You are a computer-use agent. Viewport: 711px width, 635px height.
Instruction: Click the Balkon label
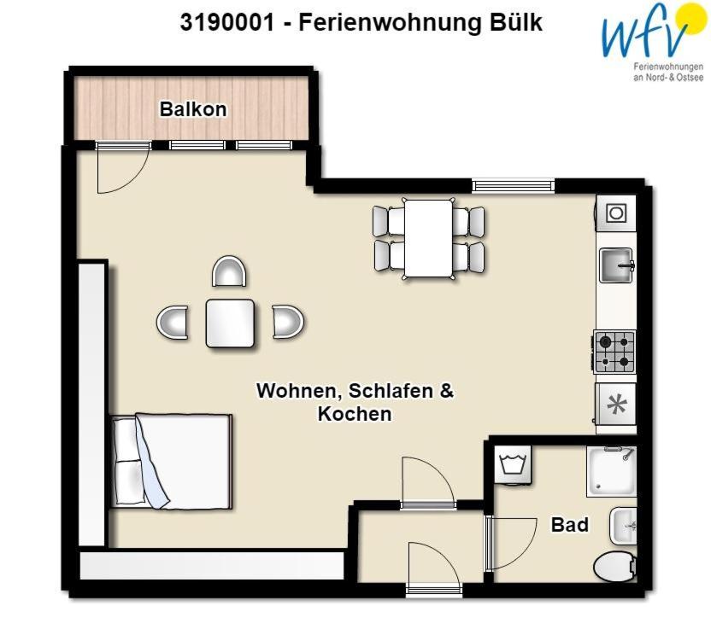click(x=193, y=109)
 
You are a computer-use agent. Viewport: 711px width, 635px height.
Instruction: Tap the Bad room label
click(x=569, y=525)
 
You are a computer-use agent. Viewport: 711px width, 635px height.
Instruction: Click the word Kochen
click(x=354, y=414)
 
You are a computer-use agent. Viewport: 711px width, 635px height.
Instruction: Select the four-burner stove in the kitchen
click(x=615, y=352)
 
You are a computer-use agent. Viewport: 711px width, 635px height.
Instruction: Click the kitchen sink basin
click(x=616, y=265)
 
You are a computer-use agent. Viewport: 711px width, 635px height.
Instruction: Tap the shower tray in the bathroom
click(x=612, y=471)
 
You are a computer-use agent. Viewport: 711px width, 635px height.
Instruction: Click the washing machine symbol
click(x=513, y=464)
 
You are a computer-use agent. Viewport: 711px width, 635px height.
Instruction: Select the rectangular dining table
click(x=428, y=239)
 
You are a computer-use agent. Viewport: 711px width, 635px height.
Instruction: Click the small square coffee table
click(x=230, y=323)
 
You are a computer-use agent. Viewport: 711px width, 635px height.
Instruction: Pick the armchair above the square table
click(x=229, y=271)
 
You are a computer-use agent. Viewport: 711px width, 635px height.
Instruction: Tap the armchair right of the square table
click(x=288, y=322)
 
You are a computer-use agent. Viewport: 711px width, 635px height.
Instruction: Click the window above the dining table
click(x=514, y=186)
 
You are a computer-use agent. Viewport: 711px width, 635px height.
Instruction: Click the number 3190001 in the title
click(x=227, y=21)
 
